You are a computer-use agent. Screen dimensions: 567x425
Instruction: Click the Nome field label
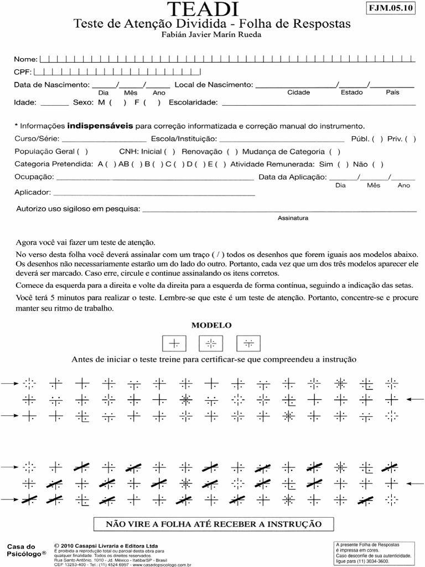tap(25, 59)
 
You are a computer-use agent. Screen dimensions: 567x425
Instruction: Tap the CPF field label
tap(23, 72)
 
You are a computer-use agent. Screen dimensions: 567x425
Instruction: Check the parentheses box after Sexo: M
tap(118, 102)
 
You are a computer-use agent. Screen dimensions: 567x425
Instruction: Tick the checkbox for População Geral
tap(82, 152)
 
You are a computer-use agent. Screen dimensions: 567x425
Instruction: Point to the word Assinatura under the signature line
tap(293, 218)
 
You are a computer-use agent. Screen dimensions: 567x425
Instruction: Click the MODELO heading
tap(211, 325)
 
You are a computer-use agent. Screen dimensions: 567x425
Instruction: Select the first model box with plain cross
tap(174, 344)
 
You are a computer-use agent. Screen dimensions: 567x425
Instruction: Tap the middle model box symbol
tap(211, 344)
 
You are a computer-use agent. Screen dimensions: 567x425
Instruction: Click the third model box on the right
tap(248, 344)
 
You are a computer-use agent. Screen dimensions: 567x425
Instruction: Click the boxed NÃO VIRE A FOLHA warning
tap(213, 523)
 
